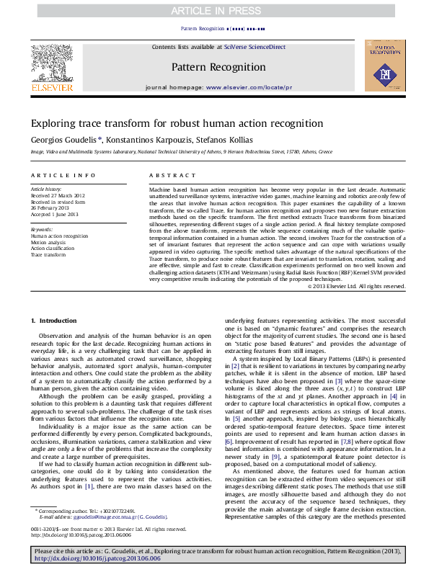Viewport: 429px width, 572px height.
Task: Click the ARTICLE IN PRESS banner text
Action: [214, 10]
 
